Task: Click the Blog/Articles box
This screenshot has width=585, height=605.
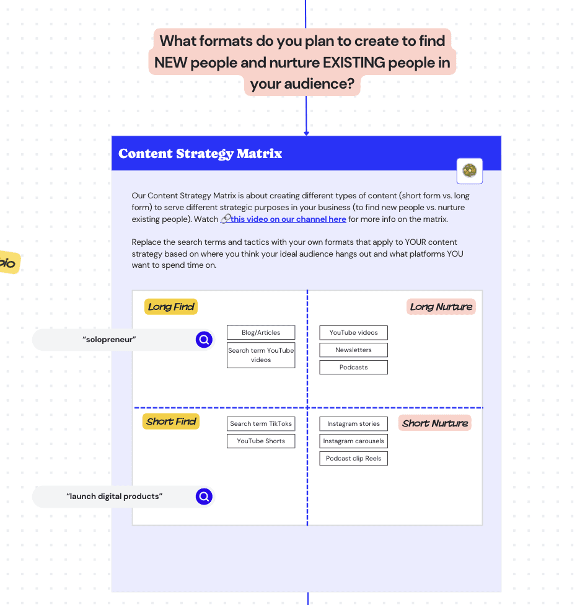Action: (261, 333)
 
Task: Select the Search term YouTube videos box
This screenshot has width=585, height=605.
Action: (261, 355)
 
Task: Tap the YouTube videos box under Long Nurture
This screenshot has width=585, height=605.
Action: (353, 333)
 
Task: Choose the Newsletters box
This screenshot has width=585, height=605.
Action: (353, 350)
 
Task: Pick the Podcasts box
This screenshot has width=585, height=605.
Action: (353, 368)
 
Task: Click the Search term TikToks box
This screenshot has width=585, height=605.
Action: (261, 424)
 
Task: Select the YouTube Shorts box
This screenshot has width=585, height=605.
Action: (261, 441)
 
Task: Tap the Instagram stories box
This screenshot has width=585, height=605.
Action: (353, 424)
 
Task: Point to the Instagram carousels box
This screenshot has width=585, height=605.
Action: (353, 441)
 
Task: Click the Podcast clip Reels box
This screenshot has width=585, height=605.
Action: (353, 459)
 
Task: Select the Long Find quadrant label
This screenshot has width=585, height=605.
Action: (171, 307)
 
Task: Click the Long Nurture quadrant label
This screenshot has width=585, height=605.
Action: (441, 307)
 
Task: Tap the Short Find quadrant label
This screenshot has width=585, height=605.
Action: (171, 422)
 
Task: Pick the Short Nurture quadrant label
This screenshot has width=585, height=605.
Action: (435, 423)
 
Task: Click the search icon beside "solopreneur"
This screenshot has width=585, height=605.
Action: (204, 340)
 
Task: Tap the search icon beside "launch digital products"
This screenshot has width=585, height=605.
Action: (204, 497)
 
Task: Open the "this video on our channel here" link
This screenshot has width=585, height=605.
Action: (288, 219)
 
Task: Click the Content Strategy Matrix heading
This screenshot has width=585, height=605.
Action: (200, 154)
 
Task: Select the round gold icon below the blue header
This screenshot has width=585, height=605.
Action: (470, 170)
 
